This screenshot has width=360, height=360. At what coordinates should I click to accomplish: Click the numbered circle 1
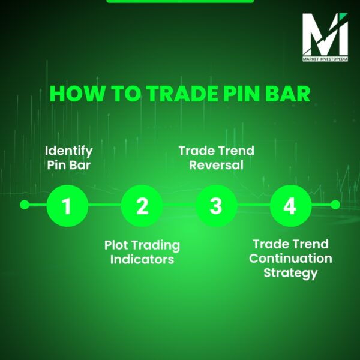pyautogui.click(x=67, y=206)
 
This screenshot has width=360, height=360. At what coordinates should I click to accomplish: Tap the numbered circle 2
pyautogui.click(x=142, y=206)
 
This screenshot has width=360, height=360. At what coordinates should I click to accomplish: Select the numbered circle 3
pyautogui.click(x=216, y=206)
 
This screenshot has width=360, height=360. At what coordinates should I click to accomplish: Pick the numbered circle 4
pyautogui.click(x=290, y=206)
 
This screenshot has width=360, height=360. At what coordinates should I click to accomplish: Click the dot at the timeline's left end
pyautogui.click(x=24, y=205)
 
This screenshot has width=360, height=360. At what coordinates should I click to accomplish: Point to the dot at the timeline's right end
pyautogui.click(x=335, y=205)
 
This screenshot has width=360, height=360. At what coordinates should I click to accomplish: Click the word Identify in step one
pyautogui.click(x=69, y=150)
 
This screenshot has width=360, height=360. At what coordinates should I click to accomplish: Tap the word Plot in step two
pyautogui.click(x=116, y=245)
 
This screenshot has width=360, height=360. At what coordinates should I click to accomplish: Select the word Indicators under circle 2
pyautogui.click(x=142, y=260)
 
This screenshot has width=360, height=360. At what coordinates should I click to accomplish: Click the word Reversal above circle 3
pyautogui.click(x=216, y=164)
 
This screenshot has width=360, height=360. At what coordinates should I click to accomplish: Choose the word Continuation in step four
pyautogui.click(x=290, y=259)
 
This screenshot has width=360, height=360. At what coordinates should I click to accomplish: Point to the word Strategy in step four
pyautogui.click(x=290, y=273)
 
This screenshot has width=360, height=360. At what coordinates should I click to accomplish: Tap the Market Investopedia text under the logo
pyautogui.click(x=325, y=59)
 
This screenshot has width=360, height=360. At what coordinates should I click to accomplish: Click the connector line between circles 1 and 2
pyautogui.click(x=104, y=205)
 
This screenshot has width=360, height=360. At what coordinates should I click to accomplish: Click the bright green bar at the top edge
pyautogui.click(x=180, y=1)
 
